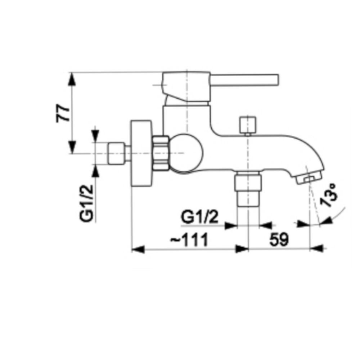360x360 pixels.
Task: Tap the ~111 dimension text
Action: tap(189, 239)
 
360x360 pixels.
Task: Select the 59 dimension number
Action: tap(279, 239)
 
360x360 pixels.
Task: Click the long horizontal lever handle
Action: tap(244, 80)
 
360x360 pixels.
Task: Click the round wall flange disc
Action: tap(141, 153)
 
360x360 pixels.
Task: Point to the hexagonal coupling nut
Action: tap(161, 153)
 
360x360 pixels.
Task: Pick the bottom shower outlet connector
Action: tap(248, 189)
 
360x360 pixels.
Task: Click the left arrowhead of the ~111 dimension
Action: tap(138, 249)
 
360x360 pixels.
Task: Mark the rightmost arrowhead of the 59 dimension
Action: tap(317, 248)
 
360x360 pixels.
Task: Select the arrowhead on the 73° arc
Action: tap(327, 221)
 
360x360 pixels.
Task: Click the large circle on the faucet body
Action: tap(186, 153)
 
